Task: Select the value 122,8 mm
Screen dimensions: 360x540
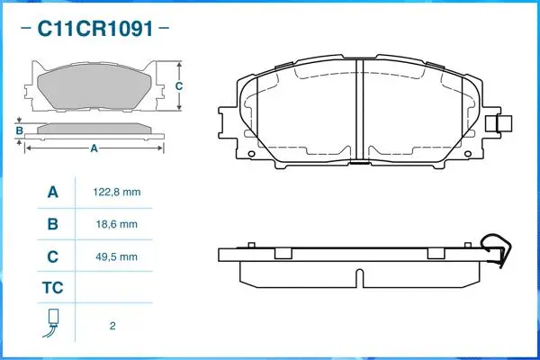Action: (117, 193)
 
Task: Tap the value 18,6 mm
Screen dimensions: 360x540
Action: (117, 224)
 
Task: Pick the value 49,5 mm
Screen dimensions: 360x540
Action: (117, 256)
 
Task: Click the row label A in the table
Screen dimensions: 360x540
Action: (52, 193)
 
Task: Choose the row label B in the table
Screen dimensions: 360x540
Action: (52, 224)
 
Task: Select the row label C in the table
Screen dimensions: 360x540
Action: (52, 256)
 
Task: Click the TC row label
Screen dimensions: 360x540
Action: (52, 289)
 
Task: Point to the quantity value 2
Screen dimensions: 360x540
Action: (112, 325)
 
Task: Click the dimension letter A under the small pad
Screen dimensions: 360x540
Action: (94, 150)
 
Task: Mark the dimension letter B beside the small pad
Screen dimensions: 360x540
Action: (19, 131)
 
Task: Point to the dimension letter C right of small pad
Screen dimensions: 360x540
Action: (179, 86)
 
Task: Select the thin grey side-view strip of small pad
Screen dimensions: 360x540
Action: (94, 130)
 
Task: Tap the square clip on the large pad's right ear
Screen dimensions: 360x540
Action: (504, 124)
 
